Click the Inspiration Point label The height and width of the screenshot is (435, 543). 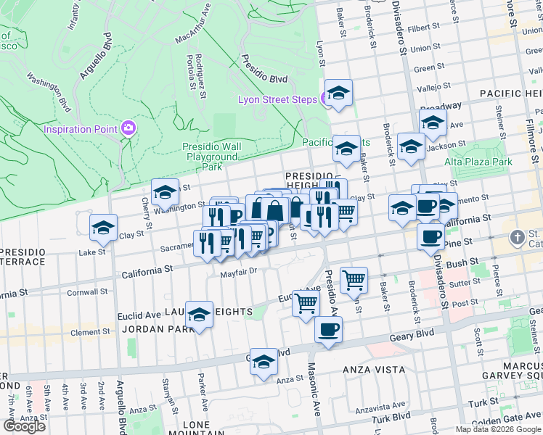(80, 129)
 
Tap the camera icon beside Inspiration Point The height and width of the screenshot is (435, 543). (128, 128)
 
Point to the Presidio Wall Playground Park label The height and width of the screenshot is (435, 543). (211, 156)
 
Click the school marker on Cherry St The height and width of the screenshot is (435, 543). (166, 193)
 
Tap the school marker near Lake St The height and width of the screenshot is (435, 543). (103, 228)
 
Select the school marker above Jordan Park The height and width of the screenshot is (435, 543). (199, 315)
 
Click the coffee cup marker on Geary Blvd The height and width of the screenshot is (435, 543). (328, 330)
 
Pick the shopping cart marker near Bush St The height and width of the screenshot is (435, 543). (354, 280)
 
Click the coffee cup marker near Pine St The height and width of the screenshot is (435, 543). (430, 236)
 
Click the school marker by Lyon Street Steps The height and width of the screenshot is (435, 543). (338, 94)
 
